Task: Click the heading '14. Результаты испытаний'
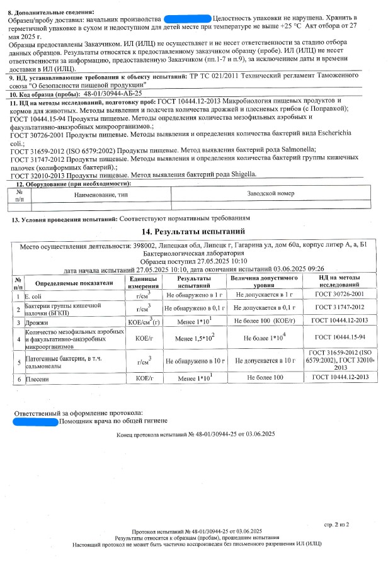(x=197, y=232)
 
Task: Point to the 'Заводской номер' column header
(x=271, y=194)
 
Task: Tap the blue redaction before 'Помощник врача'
(x=35, y=421)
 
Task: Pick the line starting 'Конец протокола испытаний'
(x=196, y=435)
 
